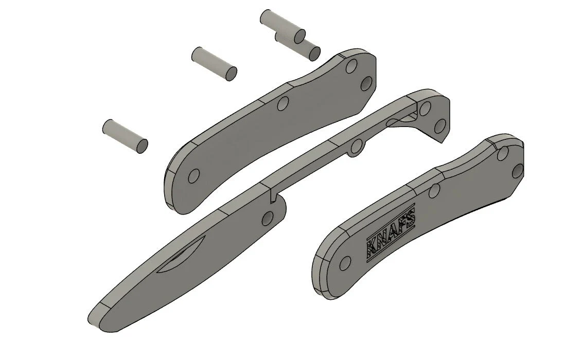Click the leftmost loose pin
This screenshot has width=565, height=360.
click(126, 136)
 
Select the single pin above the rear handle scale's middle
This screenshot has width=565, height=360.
click(214, 63)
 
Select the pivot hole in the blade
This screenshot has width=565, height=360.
click(268, 218)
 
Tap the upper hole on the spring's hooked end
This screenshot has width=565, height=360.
click(425, 109)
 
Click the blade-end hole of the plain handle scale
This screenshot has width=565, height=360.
click(193, 177)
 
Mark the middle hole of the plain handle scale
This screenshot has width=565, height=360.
click(281, 104)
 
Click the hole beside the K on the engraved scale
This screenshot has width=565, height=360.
click(344, 263)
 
